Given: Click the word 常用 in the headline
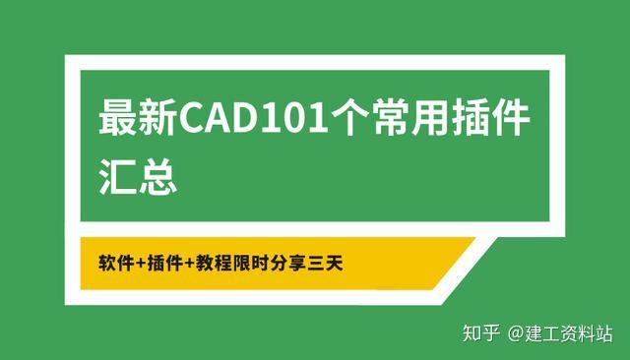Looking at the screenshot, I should pyautogui.click(x=420, y=123).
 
